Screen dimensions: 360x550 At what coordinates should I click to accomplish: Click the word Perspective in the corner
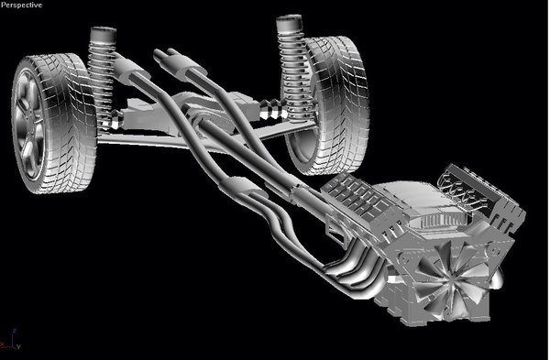coord(22,5)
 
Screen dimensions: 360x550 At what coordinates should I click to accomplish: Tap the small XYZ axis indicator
coord(11,343)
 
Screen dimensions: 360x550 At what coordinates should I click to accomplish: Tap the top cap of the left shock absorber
coord(100,36)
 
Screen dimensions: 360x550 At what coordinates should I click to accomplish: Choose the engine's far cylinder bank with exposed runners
coord(481,197)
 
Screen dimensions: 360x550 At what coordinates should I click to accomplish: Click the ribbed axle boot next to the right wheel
coord(271,113)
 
